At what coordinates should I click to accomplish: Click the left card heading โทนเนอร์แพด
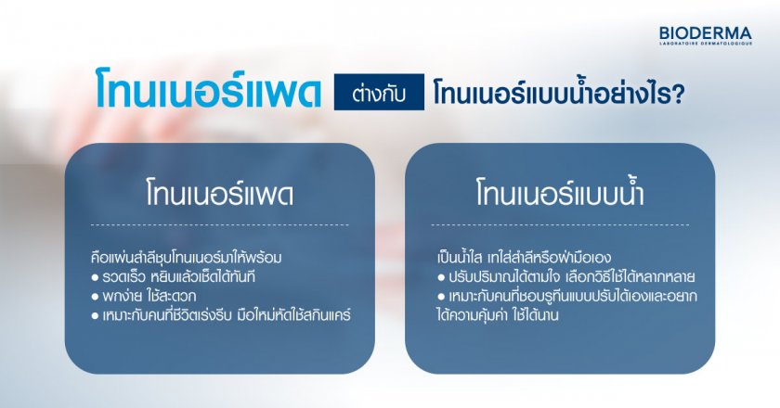219,196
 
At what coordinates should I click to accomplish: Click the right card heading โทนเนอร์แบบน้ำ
559,196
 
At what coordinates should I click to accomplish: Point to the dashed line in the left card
219,224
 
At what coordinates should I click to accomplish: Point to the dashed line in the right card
559,224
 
